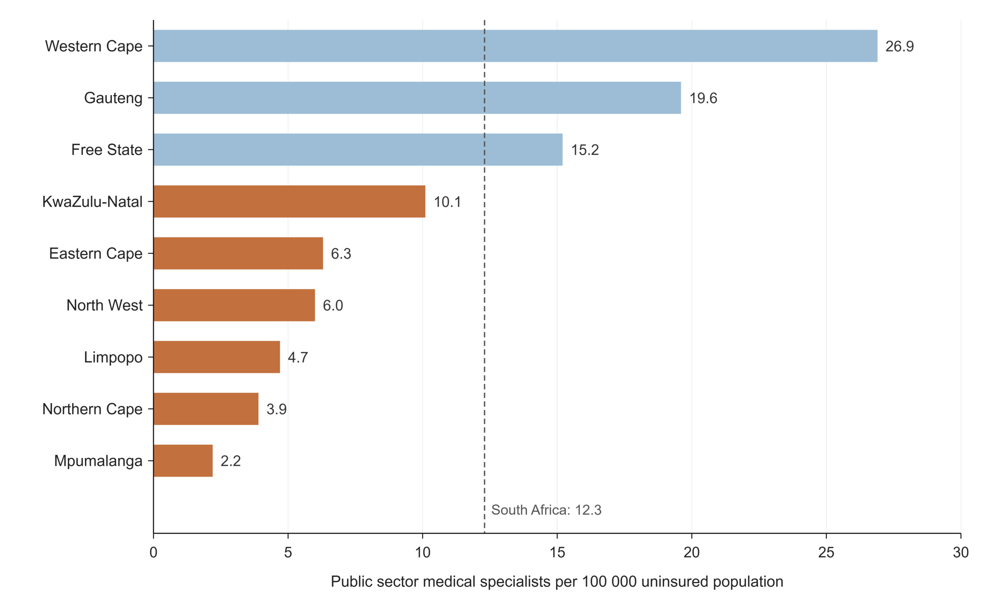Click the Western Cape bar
(515, 46)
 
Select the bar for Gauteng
(417, 98)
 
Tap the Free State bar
(358, 150)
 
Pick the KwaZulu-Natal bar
(289, 201)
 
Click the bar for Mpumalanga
(183, 460)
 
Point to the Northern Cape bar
(206, 409)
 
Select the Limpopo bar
(217, 357)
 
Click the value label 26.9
(899, 46)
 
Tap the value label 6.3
(341, 254)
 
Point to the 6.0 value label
(333, 306)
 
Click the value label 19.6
(703, 98)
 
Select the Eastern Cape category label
(96, 254)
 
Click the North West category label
(105, 305)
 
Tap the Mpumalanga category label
(98, 461)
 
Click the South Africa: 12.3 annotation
(546, 510)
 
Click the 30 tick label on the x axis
(961, 552)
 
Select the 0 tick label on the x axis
(153, 552)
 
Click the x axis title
(557, 582)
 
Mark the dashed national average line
(484, 276)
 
